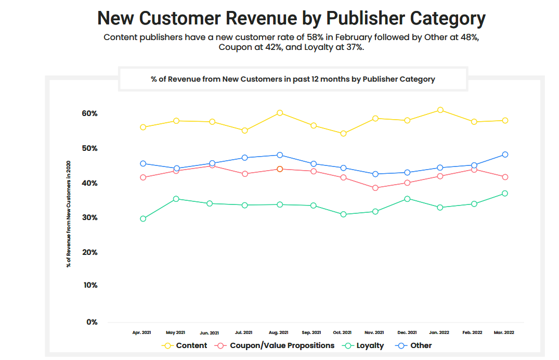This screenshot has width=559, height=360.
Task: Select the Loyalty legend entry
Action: tap(370, 345)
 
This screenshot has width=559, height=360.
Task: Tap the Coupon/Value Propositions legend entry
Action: tap(282, 345)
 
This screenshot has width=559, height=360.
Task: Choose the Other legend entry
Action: tap(420, 345)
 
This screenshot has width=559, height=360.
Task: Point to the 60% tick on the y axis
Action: tap(89, 113)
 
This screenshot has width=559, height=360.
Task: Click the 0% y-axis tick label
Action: tap(92, 322)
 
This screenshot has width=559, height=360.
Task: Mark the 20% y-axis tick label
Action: tap(89, 252)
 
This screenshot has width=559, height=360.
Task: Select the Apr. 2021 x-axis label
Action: tap(142, 332)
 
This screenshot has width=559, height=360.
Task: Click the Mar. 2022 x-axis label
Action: tap(504, 332)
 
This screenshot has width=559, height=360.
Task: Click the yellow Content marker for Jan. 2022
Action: tap(440, 110)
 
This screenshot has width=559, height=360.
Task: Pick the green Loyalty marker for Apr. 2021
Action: tap(143, 218)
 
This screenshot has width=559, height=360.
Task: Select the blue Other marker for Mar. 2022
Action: tap(505, 155)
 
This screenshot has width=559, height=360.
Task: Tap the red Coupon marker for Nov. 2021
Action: tap(375, 188)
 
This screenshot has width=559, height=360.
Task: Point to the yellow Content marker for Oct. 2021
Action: tap(343, 134)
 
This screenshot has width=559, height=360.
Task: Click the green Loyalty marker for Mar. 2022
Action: tap(505, 194)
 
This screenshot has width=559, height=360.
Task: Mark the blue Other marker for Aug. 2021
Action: tap(280, 155)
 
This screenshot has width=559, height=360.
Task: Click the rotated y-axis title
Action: tap(68, 214)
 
